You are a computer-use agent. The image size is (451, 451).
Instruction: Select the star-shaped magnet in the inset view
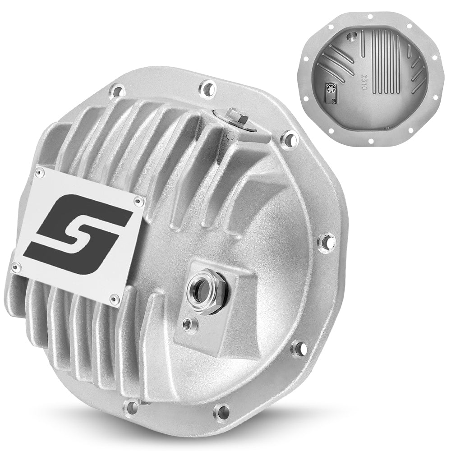pyautogui.click(x=330, y=87)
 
